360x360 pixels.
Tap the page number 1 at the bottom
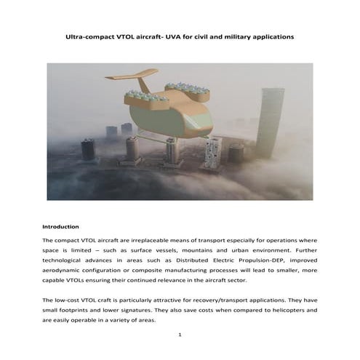click(x=180, y=335)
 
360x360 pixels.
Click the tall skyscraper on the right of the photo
click(x=269, y=124)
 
